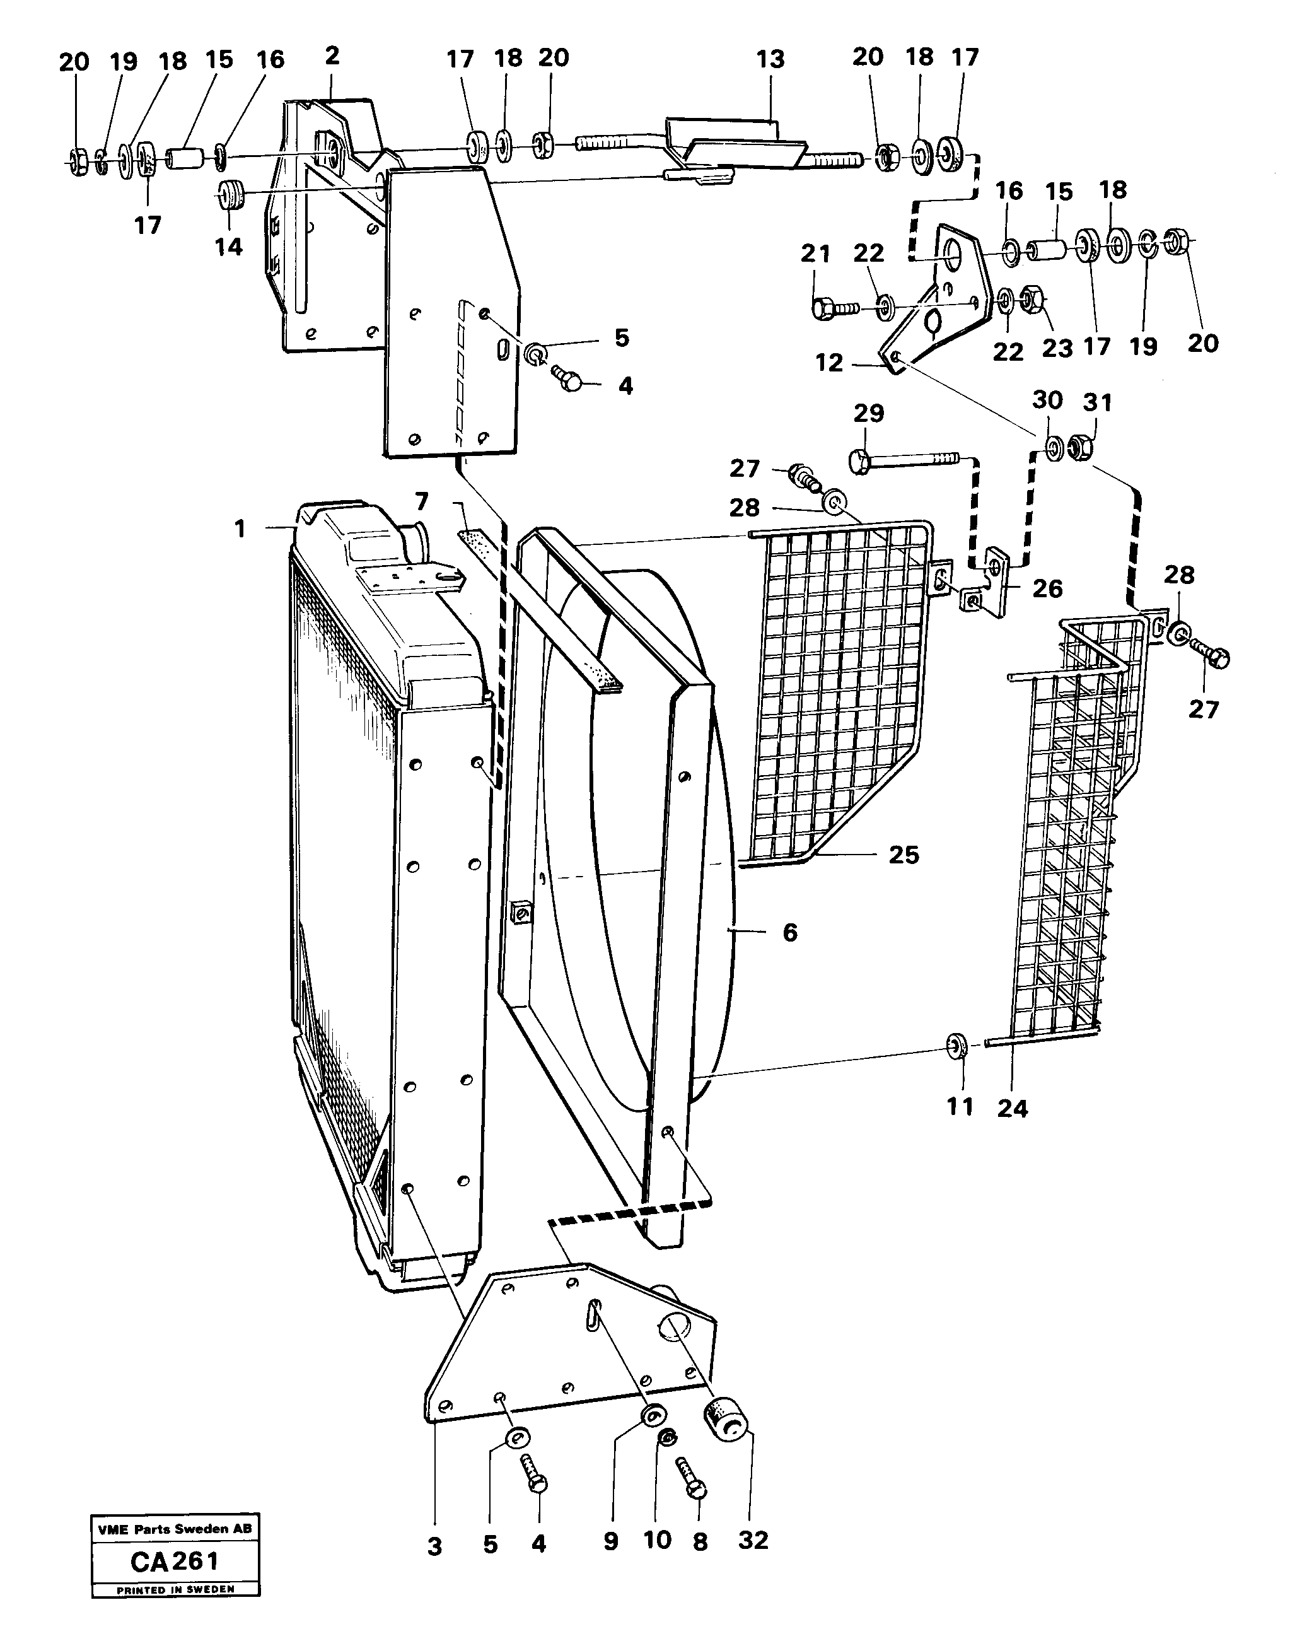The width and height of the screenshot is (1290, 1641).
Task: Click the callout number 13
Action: tap(770, 60)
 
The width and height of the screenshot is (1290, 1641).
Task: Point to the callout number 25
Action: tap(904, 855)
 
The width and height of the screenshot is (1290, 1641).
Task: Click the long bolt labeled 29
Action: tap(902, 459)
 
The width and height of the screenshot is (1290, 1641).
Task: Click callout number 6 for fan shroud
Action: tap(789, 933)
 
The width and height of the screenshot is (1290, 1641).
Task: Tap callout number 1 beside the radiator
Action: tap(240, 529)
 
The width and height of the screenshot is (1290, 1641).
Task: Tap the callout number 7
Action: tap(421, 501)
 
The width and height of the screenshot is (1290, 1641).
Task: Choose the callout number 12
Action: tap(828, 363)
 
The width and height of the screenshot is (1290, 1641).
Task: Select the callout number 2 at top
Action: tap(332, 56)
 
